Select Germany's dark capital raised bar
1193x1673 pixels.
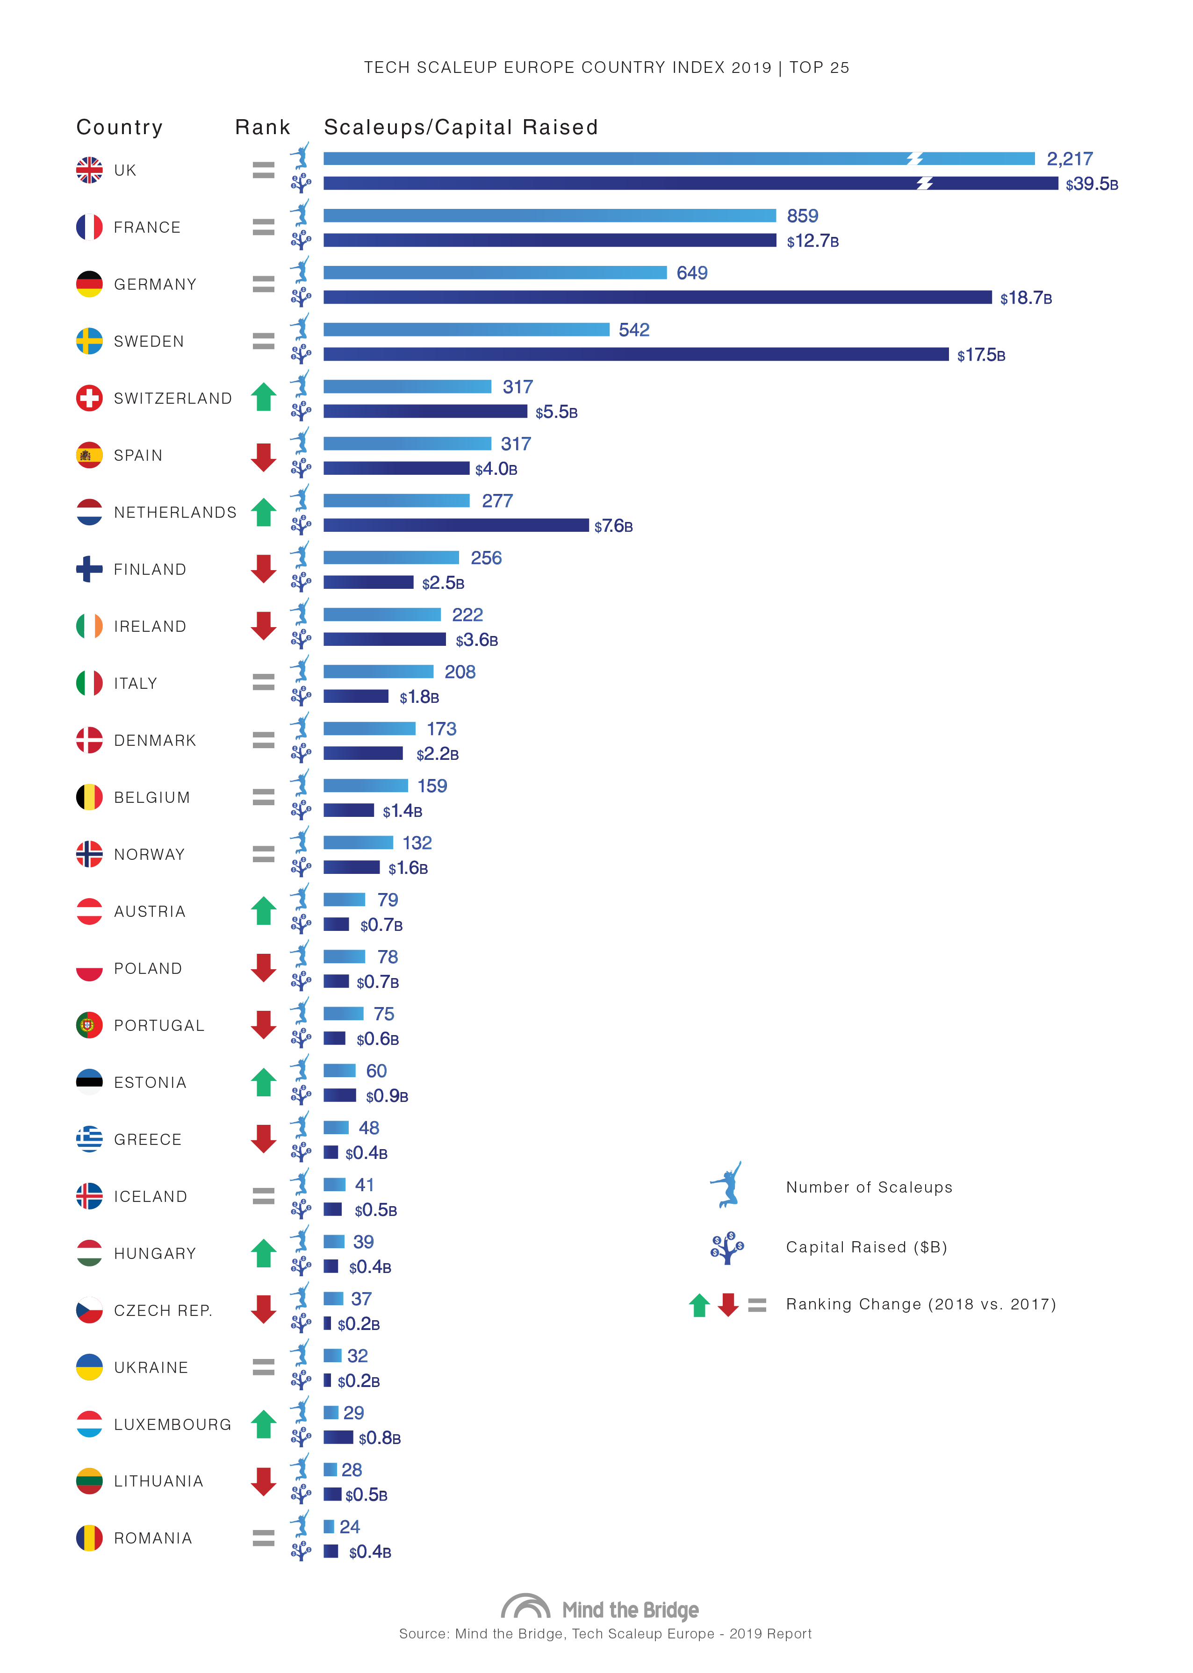tap(657, 297)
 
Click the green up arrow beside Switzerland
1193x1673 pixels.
tap(263, 397)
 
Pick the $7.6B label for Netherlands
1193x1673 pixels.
tap(613, 526)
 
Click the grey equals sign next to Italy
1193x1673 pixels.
tap(263, 683)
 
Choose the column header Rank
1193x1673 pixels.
tap(262, 128)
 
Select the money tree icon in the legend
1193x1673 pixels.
tap(726, 1247)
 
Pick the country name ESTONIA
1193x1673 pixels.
tap(150, 1082)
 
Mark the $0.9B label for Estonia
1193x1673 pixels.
tap(387, 1096)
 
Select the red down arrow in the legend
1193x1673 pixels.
tap(728, 1304)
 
